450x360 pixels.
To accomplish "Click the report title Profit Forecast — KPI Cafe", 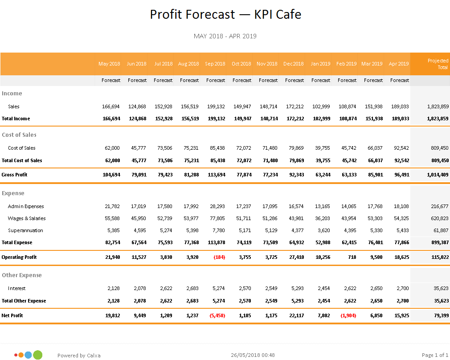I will click(x=225, y=14).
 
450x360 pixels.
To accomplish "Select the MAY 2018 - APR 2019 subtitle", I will click(x=225, y=36).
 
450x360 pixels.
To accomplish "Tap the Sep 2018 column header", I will click(x=215, y=64).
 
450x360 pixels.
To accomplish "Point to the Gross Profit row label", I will click(x=15, y=175).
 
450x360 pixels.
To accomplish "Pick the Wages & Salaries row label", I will click(x=27, y=218).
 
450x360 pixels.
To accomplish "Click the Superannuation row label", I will click(x=25, y=230).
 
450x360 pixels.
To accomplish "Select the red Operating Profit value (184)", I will click(x=219, y=257).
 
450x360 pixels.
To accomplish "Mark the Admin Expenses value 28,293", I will click(x=216, y=206).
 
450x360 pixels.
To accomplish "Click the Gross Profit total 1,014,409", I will click(x=437, y=175).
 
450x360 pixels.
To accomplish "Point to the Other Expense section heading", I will click(x=22, y=275).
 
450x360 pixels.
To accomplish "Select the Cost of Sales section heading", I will click(x=19, y=135).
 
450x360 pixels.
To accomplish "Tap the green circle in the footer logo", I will click(x=38, y=355).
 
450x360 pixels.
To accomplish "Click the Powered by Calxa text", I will click(x=79, y=356).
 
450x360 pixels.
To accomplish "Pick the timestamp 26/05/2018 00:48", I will click(x=253, y=355).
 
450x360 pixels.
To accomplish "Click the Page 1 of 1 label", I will click(x=435, y=355).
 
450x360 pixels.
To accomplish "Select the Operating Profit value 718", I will click(x=351, y=257).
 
